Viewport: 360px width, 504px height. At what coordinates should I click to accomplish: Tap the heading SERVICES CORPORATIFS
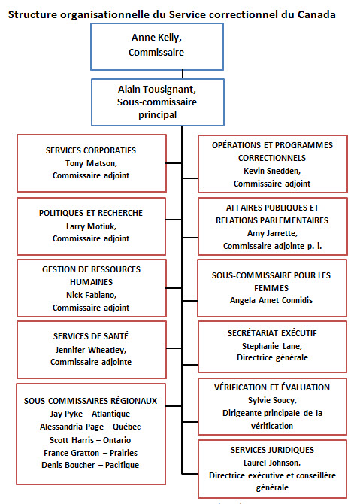(x=91, y=150)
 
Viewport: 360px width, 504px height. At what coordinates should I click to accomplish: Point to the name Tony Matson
(x=91, y=162)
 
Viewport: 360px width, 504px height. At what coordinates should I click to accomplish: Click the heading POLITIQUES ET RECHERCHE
(x=91, y=213)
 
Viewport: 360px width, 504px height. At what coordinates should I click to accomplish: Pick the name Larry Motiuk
(x=91, y=226)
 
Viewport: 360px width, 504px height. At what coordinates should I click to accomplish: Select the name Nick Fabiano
(x=91, y=295)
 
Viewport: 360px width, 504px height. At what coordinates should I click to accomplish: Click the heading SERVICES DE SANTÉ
(x=91, y=336)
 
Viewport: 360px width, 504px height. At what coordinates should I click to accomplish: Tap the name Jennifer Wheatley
(x=91, y=349)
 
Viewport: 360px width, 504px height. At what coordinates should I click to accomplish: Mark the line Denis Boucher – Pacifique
(x=90, y=465)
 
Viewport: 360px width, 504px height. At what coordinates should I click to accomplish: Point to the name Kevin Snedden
(x=272, y=171)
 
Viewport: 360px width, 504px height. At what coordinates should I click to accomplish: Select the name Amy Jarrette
(x=272, y=233)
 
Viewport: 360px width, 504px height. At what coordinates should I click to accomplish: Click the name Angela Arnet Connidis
(x=272, y=300)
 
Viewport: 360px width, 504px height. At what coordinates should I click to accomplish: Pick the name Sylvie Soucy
(x=272, y=399)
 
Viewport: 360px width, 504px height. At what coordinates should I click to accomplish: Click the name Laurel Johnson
(x=272, y=462)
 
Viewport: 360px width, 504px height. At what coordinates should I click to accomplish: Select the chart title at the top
(x=172, y=14)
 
